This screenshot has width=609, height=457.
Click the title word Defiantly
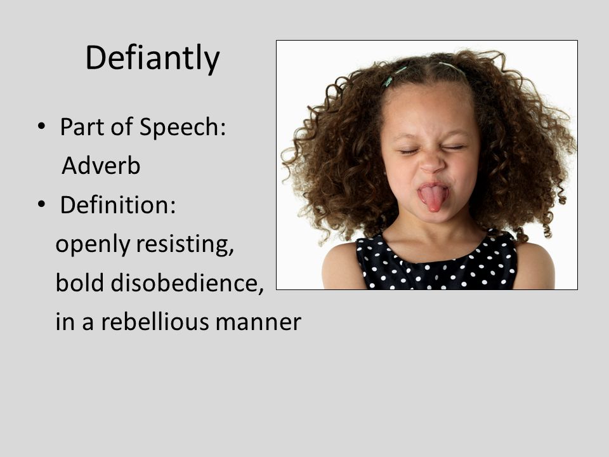click(x=152, y=58)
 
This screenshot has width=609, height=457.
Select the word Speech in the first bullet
click(x=182, y=127)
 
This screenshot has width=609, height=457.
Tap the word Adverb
click(x=101, y=166)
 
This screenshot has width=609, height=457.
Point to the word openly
click(x=93, y=246)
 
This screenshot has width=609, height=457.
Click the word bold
click(x=80, y=282)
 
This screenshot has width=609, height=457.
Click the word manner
click(x=258, y=324)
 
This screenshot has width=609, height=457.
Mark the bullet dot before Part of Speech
click(x=41, y=126)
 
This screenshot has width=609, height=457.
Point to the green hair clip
click(x=388, y=81)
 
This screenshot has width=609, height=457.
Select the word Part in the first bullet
click(x=82, y=127)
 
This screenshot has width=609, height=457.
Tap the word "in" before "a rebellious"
click(x=65, y=322)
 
